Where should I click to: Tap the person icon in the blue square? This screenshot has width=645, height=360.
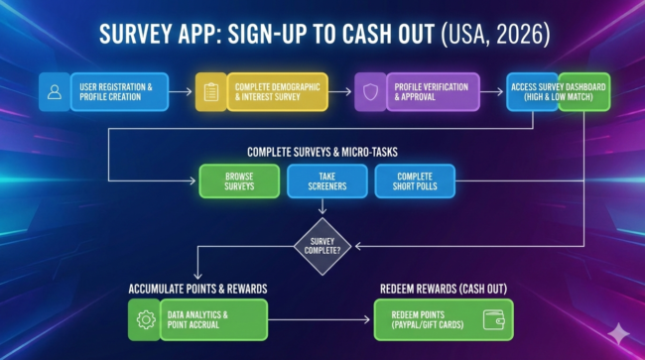pos(54,92)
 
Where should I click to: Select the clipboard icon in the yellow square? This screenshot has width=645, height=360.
pos(210,92)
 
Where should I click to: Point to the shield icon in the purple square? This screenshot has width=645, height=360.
pos(368,92)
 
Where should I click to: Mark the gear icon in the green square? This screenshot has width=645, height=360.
pos(144,319)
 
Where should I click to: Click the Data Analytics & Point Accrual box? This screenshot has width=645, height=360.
pos(213,319)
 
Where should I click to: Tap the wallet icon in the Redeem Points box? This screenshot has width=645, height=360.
pos(493,319)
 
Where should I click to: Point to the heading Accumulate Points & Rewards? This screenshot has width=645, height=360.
pos(197,289)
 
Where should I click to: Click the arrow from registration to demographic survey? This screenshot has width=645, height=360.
pos(179,92)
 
